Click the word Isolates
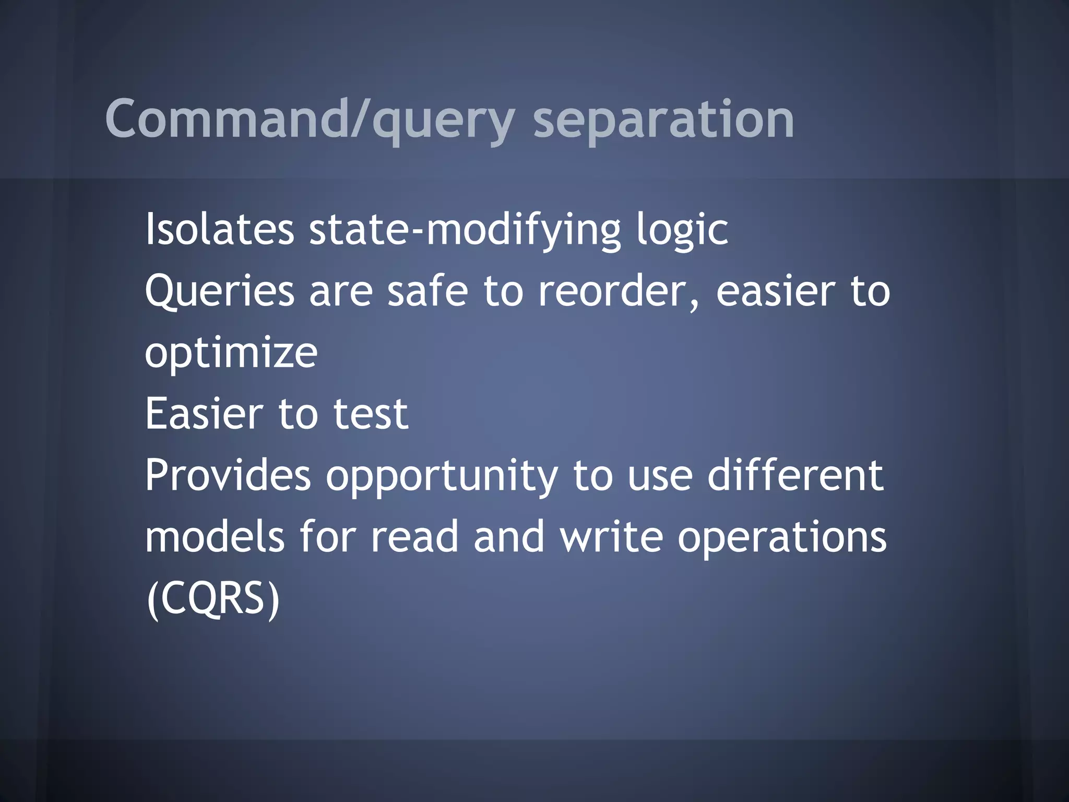[219, 230]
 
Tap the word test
[371, 414]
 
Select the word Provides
[228, 475]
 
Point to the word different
[795, 475]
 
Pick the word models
[215, 537]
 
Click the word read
[414, 537]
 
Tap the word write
[611, 537]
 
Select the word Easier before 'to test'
[204, 414]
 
